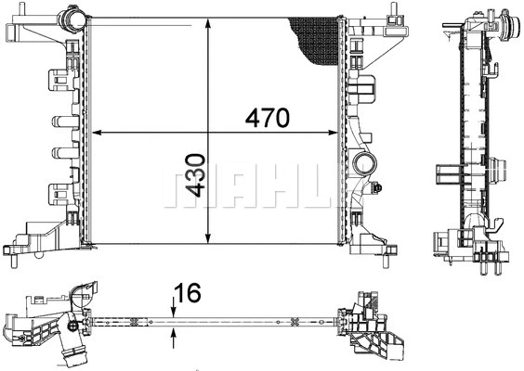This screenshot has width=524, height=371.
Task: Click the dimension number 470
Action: tap(268, 118)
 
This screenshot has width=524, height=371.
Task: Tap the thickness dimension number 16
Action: tap(190, 295)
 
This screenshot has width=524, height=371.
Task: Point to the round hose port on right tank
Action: tap(365, 168)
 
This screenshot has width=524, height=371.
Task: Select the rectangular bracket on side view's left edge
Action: tap(445, 177)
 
